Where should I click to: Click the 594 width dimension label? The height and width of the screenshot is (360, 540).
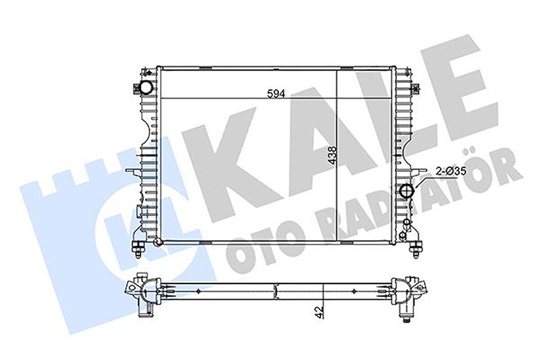[276, 93]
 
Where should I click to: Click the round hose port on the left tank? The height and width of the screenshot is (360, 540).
[146, 87]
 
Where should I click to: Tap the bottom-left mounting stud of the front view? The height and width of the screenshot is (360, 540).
[137, 250]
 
